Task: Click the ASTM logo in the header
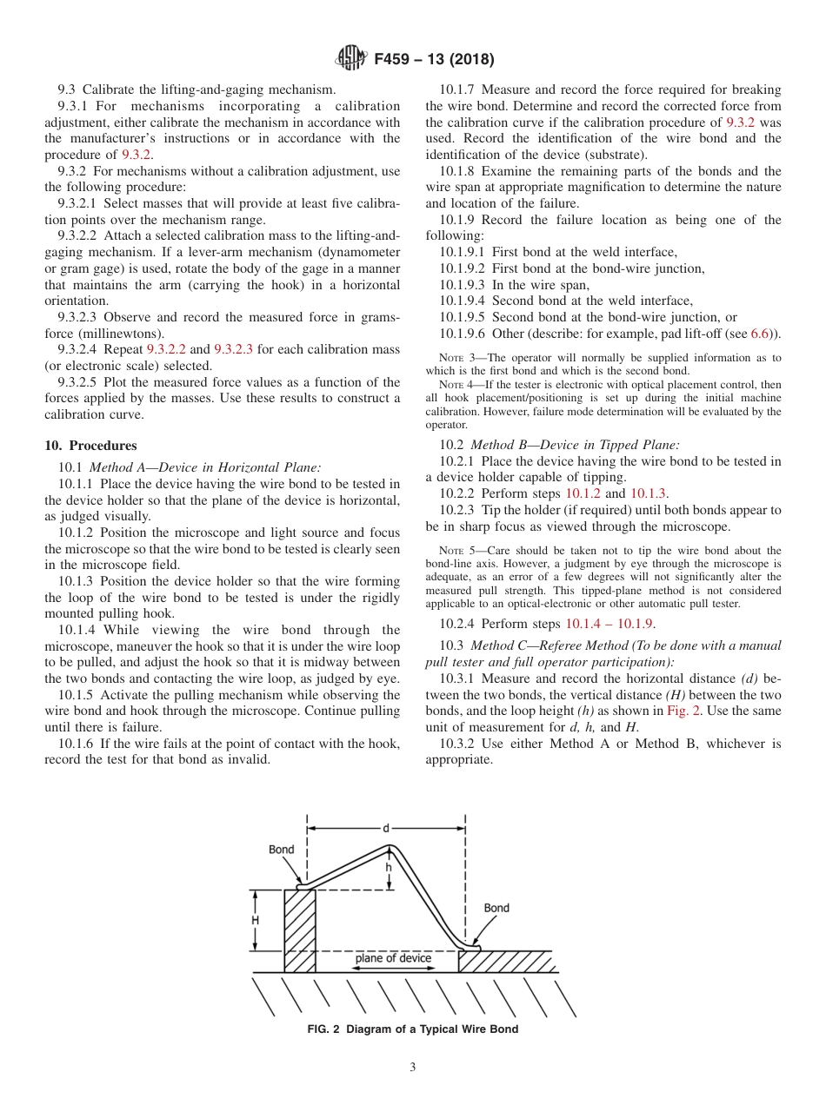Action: tap(351, 59)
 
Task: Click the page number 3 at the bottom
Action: tap(412, 1067)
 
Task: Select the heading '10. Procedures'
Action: tap(90, 446)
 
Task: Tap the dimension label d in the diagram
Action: tap(386, 828)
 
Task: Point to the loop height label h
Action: tap(389, 867)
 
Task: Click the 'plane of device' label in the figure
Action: tap(393, 958)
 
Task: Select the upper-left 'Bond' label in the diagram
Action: tap(281, 850)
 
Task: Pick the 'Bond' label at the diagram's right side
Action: tap(496, 909)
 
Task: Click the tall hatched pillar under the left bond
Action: tap(299, 930)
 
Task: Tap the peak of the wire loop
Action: tap(390, 846)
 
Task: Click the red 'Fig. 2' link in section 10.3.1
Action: tap(683, 711)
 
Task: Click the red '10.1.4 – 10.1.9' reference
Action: tap(609, 623)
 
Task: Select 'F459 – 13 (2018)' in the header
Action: tap(434, 60)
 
